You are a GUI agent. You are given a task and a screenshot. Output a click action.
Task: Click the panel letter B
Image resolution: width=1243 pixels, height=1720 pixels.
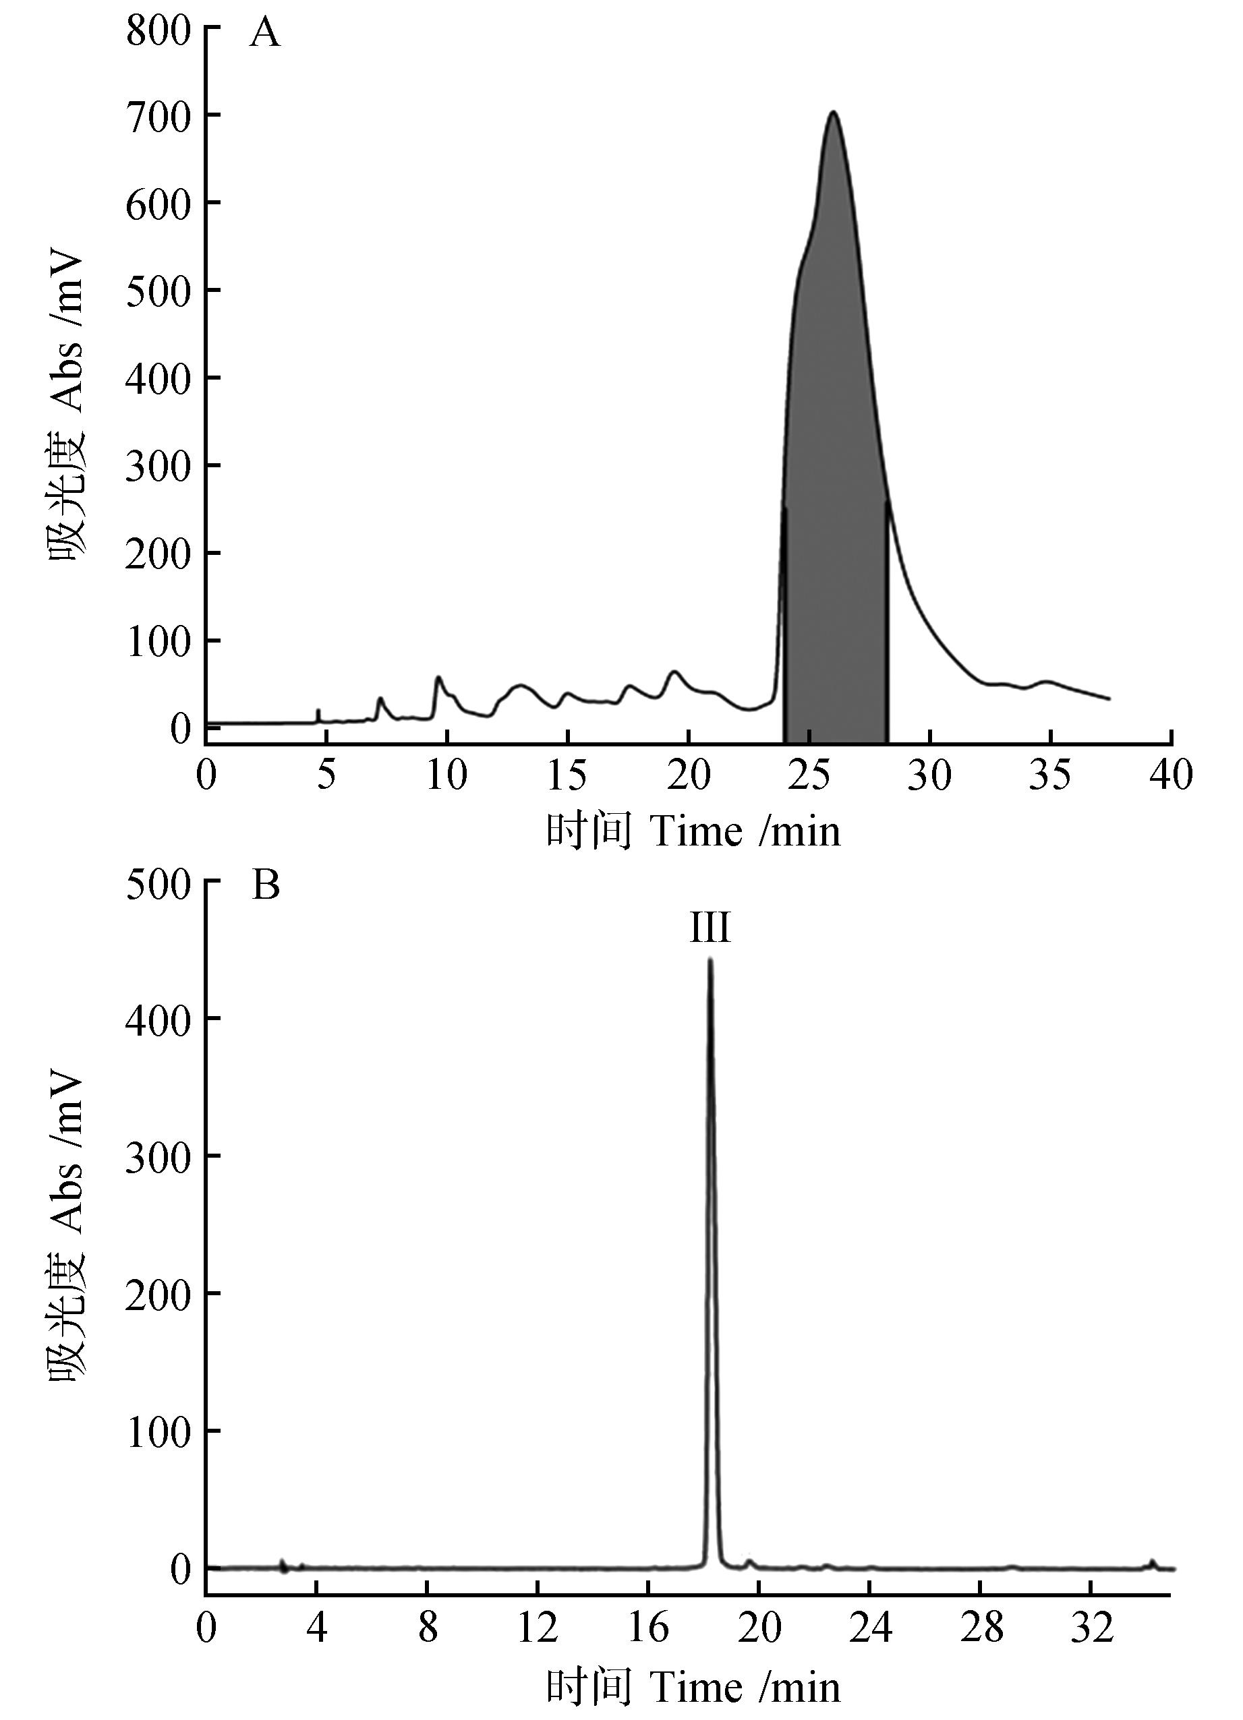pyautogui.click(x=266, y=885)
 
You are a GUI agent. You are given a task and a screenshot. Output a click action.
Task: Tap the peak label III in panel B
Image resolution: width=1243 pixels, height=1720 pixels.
pyautogui.click(x=710, y=928)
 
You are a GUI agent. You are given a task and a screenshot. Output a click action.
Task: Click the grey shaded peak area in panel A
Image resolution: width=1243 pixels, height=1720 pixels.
pyautogui.click(x=834, y=455)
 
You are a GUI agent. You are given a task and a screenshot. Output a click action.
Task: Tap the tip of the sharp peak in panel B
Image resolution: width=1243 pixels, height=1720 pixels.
pyautogui.click(x=710, y=961)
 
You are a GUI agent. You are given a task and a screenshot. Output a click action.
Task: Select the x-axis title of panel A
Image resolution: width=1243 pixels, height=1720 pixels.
pyautogui.click(x=693, y=831)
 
